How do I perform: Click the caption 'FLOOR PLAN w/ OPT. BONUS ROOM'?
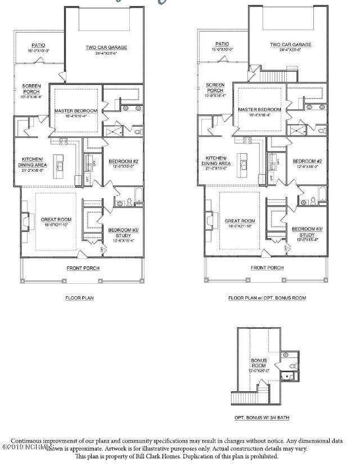[267, 297]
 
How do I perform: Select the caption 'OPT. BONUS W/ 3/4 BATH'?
[262, 418]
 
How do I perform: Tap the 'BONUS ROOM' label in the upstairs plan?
[259, 362]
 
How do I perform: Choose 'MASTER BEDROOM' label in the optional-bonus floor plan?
[259, 110]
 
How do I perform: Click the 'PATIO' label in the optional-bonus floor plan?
[222, 44]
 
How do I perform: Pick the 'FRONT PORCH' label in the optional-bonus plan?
[267, 268]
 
